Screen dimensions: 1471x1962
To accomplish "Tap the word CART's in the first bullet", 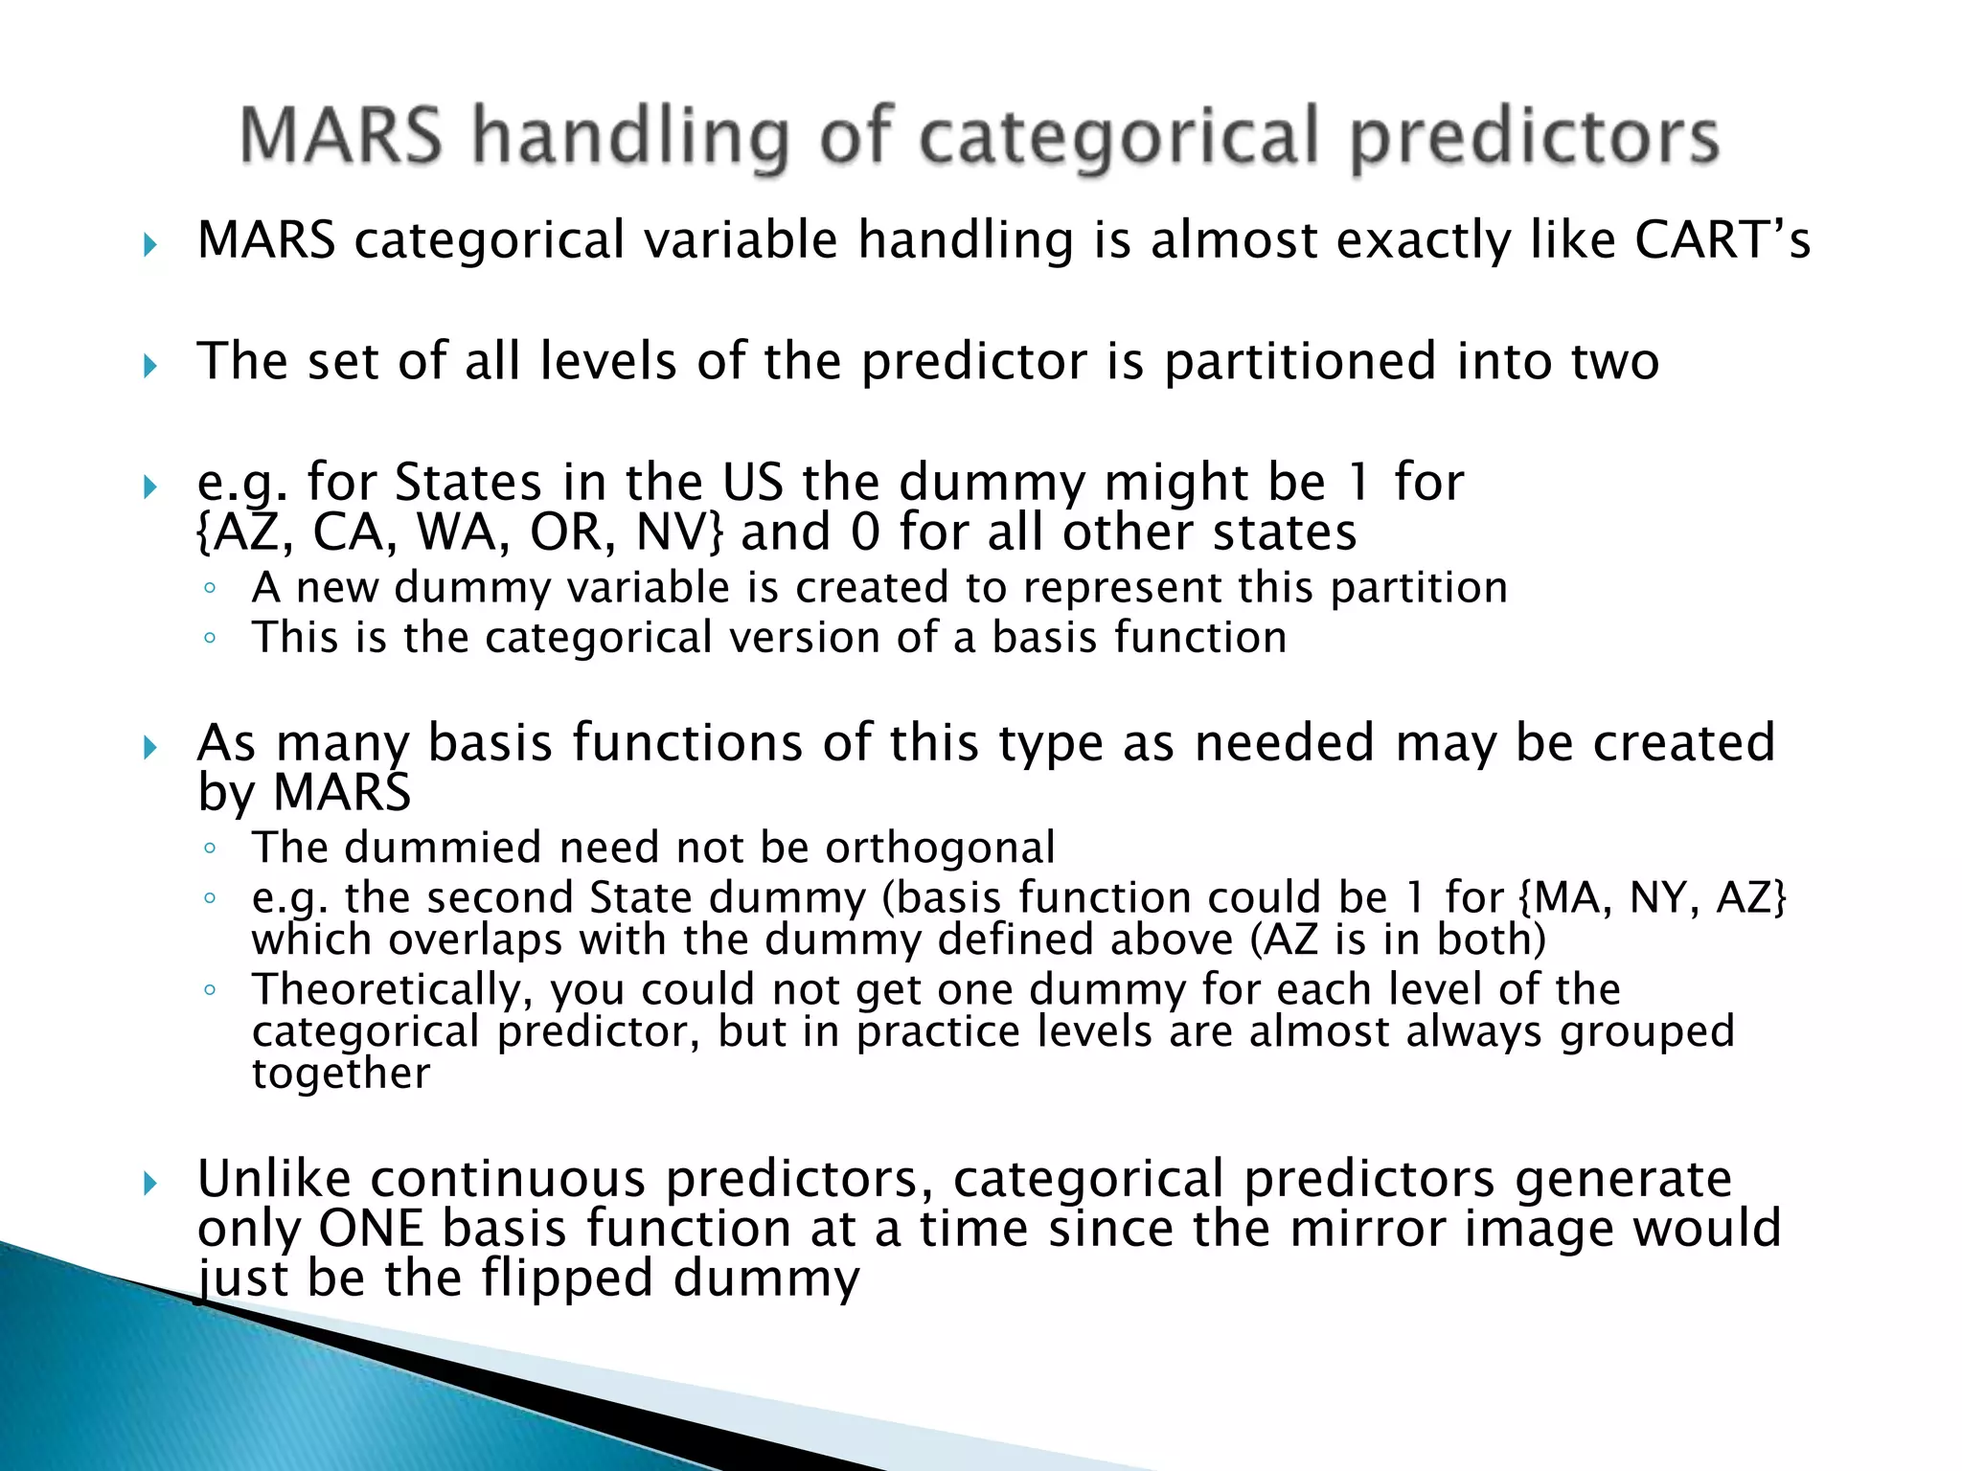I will pyautogui.click(x=1722, y=239).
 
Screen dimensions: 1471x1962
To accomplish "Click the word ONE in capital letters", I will pyautogui.click(x=370, y=1229).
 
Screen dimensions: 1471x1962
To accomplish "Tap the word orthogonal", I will pyautogui.click(x=940, y=848).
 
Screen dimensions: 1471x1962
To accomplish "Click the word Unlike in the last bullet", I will pyautogui.click(x=274, y=1179).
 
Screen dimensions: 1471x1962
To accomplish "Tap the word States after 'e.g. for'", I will pyautogui.click(x=468, y=482).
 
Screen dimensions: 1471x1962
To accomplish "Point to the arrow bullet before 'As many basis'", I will pyautogui.click(x=149, y=747).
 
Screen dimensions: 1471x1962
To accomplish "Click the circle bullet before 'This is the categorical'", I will pyautogui.click(x=210, y=638).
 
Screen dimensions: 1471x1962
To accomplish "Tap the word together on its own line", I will pyautogui.click(x=341, y=1074).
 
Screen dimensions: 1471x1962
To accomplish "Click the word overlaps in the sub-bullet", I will pyautogui.click(x=474, y=939).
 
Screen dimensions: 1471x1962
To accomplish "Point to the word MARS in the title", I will pyautogui.click(x=341, y=137).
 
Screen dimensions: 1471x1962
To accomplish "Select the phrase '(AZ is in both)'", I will pyautogui.click(x=1398, y=939).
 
